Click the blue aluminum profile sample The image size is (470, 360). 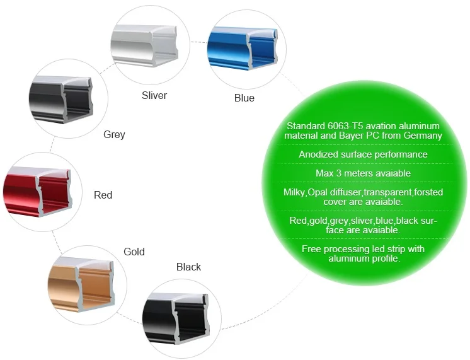click(242, 48)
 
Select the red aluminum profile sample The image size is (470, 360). click(37, 192)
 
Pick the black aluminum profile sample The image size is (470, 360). click(176, 318)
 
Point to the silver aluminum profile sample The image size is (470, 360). click(144, 45)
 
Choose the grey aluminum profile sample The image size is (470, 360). click(61, 100)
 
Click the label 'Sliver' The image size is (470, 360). click(154, 95)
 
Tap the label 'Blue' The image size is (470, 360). click(244, 98)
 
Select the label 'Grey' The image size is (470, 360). click(114, 134)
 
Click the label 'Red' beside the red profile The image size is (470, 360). click(103, 195)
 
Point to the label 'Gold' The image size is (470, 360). click(134, 252)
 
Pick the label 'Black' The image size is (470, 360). click(188, 267)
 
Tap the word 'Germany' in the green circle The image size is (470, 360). click(423, 136)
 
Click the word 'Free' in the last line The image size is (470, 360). click(311, 249)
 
